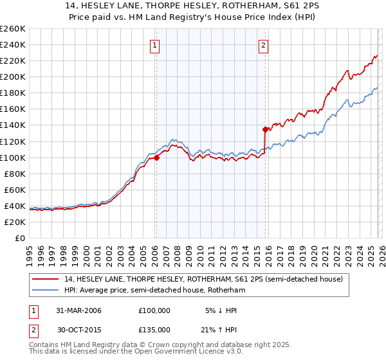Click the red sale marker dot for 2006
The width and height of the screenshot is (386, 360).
click(x=156, y=157)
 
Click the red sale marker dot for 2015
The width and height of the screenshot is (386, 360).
click(x=265, y=129)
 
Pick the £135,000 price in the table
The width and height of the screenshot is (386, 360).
click(x=154, y=330)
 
